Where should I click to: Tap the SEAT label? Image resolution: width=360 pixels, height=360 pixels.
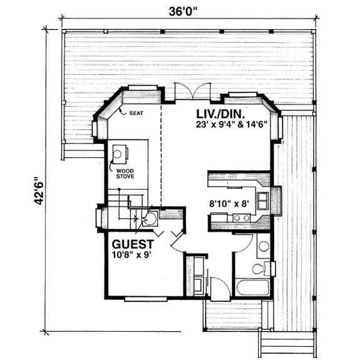click(x=136, y=113)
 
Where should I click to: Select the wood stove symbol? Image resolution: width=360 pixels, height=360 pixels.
click(x=119, y=152)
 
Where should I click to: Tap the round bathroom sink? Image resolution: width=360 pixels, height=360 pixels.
click(x=264, y=246)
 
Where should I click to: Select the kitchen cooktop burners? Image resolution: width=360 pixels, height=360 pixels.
click(x=240, y=219)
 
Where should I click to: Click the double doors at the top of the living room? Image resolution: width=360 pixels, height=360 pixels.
click(x=188, y=92)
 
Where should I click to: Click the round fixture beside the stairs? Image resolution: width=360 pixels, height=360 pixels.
click(x=151, y=219)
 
